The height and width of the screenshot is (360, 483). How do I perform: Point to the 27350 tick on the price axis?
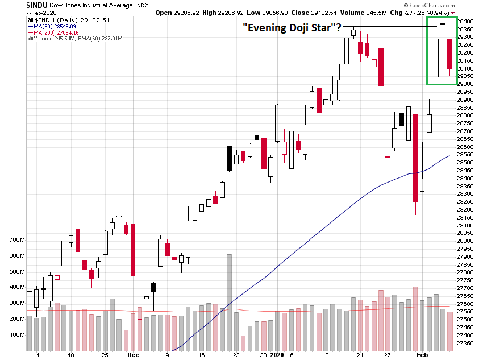[467, 343]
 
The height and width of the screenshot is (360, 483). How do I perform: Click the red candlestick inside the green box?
[449, 54]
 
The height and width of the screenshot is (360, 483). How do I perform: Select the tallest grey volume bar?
[230, 303]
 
